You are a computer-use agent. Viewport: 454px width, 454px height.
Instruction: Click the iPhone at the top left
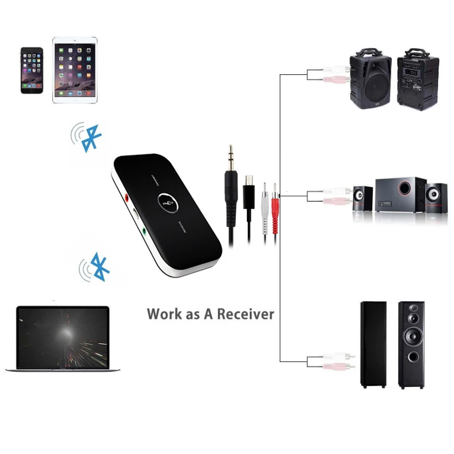[x=32, y=70]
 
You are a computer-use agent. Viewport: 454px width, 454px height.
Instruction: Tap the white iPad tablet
[x=75, y=70]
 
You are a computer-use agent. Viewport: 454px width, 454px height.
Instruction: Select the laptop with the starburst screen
[x=62, y=339]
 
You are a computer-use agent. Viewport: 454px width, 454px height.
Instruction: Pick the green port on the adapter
[x=145, y=231]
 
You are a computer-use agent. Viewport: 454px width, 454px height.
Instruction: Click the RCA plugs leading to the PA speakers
[x=330, y=75]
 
